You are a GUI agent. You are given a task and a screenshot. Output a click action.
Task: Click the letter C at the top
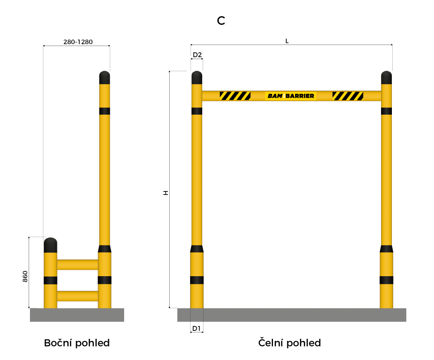click(221, 21)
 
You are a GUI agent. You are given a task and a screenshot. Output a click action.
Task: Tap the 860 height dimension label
click(25, 277)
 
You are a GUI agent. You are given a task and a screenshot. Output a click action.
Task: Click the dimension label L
click(287, 41)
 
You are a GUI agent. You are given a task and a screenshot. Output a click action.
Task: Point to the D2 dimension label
click(197, 55)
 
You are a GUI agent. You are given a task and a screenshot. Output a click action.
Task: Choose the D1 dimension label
click(197, 328)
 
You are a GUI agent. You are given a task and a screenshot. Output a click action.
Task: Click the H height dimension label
click(165, 192)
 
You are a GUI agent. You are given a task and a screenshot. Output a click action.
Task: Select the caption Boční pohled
click(77, 343)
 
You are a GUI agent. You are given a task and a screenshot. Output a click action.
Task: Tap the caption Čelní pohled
click(290, 343)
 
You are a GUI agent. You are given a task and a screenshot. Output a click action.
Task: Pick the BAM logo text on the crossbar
click(275, 96)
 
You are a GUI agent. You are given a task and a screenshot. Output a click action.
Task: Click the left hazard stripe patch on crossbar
click(235, 96)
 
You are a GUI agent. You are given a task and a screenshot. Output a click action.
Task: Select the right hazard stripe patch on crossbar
click(348, 96)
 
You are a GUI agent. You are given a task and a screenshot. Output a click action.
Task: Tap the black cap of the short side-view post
click(50, 245)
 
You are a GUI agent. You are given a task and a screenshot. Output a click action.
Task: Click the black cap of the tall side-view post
click(105, 78)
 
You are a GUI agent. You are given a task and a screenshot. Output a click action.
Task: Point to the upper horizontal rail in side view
click(77, 264)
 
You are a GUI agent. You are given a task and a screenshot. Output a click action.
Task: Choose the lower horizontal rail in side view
click(77, 296)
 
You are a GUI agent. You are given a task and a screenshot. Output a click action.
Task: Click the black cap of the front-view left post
click(197, 78)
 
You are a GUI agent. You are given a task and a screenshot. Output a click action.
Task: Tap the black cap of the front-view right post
click(387, 78)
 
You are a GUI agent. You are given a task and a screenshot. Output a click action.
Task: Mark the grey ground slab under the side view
click(77, 315)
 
